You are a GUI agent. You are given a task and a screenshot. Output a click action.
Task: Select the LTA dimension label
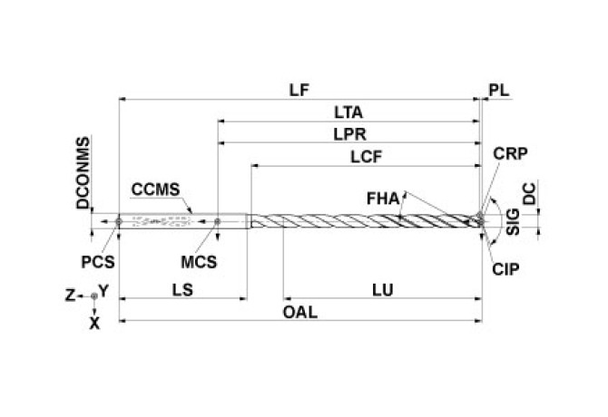pyautogui.click(x=348, y=113)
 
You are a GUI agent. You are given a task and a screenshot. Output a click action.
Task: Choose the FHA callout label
pyautogui.click(x=384, y=197)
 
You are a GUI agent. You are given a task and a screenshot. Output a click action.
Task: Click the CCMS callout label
pyautogui.click(x=155, y=190)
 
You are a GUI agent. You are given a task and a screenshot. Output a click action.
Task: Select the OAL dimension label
pyautogui.click(x=301, y=311)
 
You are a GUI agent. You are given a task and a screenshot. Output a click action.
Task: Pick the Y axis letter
pyautogui.click(x=105, y=291)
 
